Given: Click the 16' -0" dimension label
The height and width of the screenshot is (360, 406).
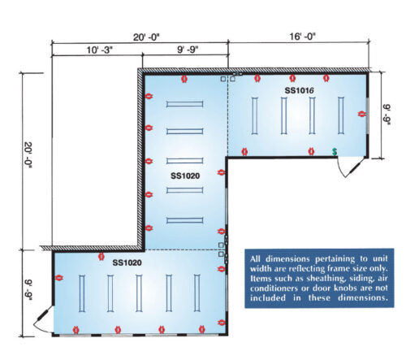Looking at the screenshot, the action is pos(302,36).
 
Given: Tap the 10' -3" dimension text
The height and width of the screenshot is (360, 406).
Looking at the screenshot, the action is pos(99,50).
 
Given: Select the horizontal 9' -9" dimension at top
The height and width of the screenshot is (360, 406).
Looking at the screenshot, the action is pos(188,50).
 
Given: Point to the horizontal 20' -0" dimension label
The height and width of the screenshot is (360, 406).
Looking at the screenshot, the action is pos(146,37).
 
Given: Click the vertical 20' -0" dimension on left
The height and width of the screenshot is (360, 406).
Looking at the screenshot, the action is pos(28,155).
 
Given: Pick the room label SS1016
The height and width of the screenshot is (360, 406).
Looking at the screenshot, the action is pos(299,90).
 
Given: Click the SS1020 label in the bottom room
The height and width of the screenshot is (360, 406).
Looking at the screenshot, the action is pos(127,262).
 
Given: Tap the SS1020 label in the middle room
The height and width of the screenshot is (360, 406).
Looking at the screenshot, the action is pos(185,176).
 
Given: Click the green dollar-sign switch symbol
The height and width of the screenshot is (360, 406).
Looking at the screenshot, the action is pos(335,152).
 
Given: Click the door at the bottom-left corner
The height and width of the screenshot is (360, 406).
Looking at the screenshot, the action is pos(43,319).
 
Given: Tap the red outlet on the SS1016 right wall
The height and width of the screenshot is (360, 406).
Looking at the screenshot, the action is pos(361,114).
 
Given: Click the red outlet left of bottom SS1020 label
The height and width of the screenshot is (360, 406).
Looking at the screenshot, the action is pos(101,256).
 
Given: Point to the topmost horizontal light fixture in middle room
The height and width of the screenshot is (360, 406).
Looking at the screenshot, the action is pos(185,104).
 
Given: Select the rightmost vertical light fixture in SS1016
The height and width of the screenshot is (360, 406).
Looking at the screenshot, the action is pos(341,115).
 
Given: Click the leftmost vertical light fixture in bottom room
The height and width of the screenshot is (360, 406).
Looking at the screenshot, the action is pos(82,293).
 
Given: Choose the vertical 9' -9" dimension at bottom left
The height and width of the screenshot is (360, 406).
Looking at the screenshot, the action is pos(28,290).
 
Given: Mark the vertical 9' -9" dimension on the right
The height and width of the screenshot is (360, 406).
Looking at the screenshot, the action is pos(387,115).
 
